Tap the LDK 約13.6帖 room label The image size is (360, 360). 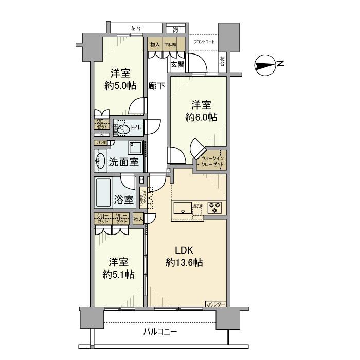184,257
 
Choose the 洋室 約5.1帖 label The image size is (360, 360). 119,268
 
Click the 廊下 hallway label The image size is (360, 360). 157,86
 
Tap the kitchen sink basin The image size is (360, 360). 183,208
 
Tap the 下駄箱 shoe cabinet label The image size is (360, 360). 170,45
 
